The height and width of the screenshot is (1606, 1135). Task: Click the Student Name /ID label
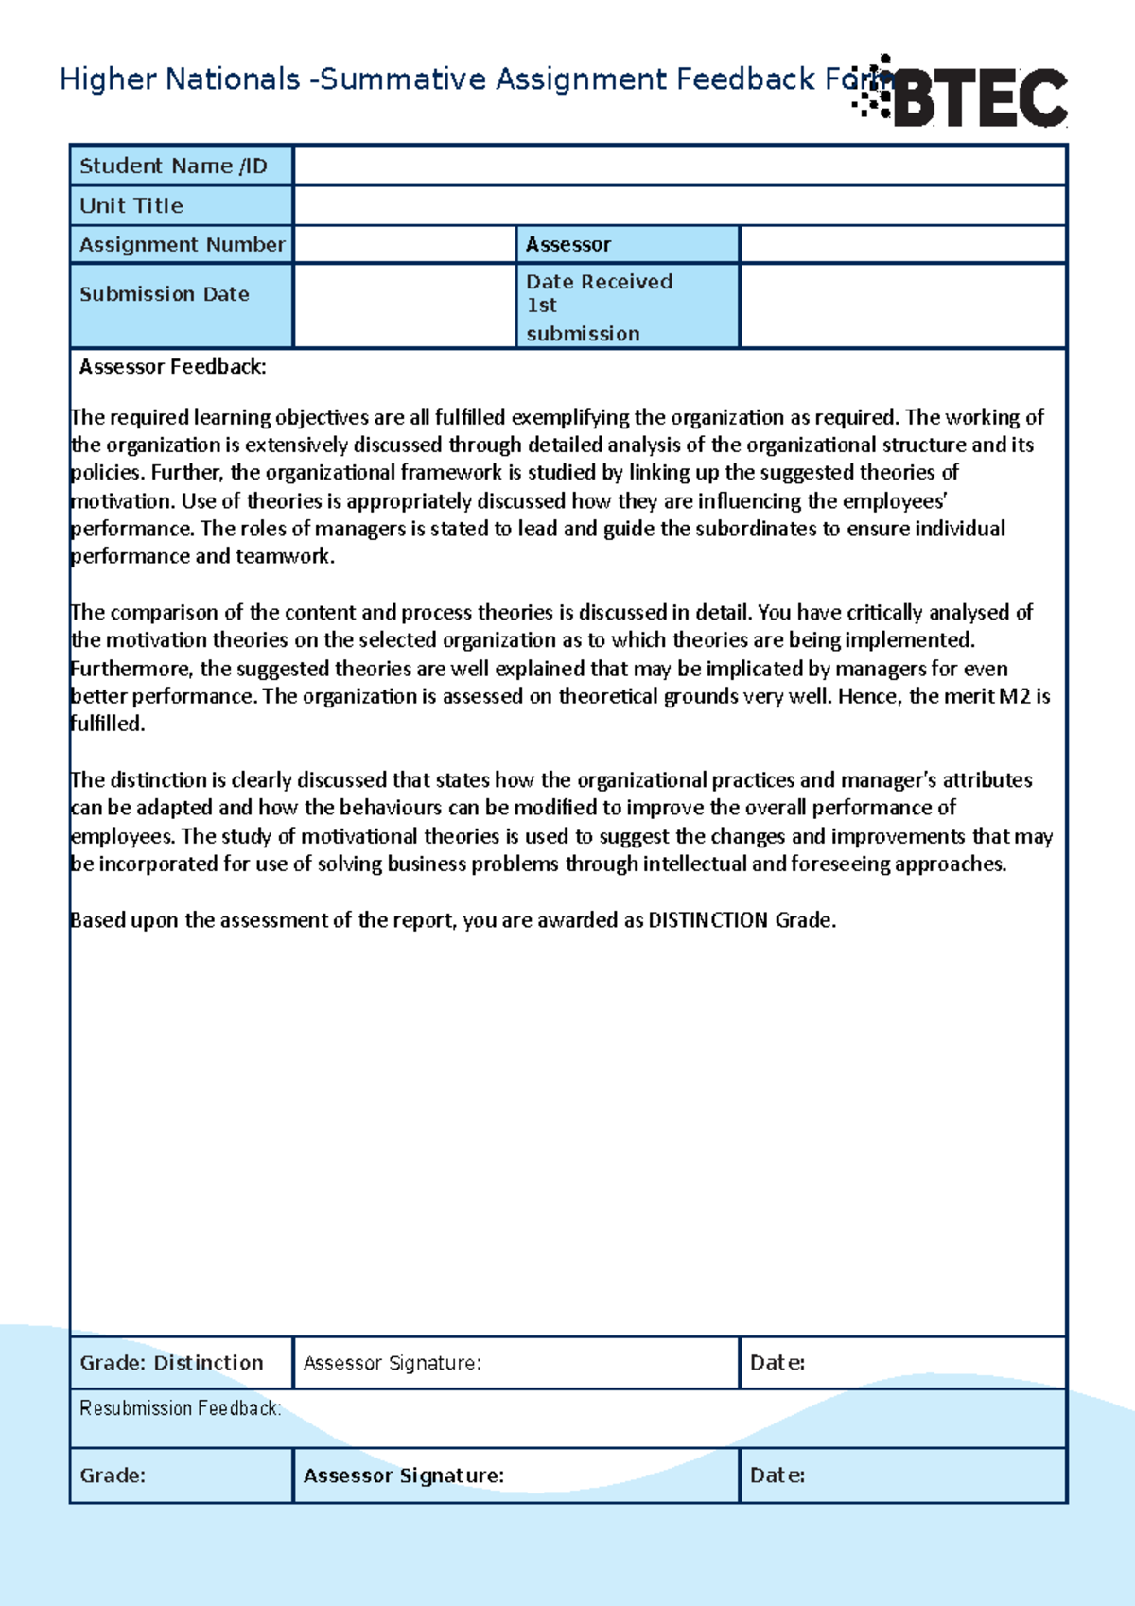173,166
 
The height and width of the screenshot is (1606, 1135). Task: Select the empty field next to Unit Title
679,205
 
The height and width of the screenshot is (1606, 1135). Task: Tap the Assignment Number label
182,244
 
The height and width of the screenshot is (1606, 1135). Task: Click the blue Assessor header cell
626,244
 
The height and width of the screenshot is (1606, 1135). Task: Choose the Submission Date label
165,294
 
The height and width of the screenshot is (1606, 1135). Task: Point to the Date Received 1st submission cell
626,306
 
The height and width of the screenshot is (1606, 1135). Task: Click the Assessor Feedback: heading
172,367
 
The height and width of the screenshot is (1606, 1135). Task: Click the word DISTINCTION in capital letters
707,920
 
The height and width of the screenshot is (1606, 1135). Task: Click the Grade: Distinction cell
172,1363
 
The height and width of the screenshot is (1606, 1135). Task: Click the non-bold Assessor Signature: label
392,1363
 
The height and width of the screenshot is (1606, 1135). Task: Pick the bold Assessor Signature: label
403,1475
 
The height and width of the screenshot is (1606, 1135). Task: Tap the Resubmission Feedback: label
180,1408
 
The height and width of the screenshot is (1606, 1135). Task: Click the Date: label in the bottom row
777,1475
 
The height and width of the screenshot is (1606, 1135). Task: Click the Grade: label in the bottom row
113,1475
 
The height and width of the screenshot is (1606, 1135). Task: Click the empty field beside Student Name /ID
679,166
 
